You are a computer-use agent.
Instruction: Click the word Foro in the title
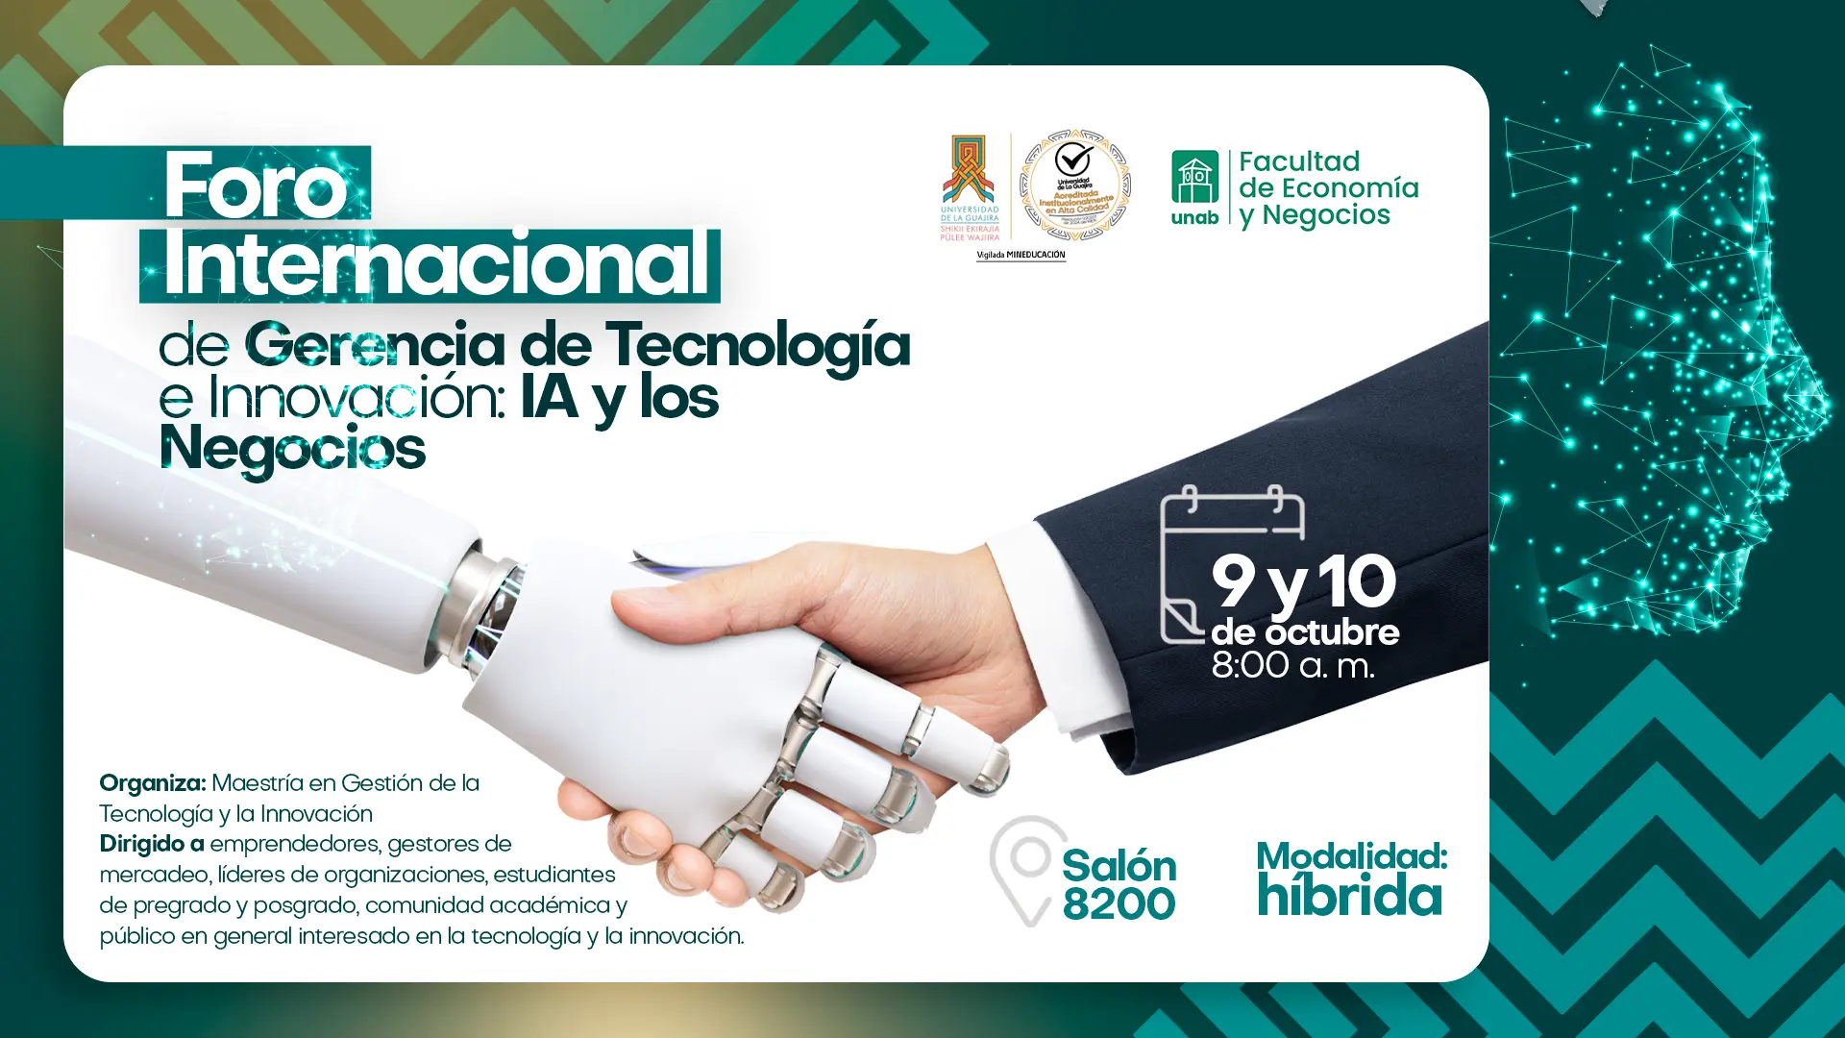tap(256, 185)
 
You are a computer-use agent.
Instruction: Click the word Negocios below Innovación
tap(292, 449)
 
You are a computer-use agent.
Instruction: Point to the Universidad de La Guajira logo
tap(969, 187)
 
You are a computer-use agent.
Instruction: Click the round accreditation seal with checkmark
tap(1074, 185)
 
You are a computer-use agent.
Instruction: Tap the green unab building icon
tap(1194, 177)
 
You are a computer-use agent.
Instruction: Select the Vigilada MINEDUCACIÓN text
tap(1021, 255)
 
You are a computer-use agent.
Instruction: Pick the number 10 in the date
tap(1356, 581)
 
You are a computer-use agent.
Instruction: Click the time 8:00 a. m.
tap(1292, 665)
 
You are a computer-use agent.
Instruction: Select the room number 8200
tap(1119, 904)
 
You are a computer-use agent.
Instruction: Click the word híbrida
tap(1350, 897)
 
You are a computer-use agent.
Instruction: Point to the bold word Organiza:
tap(152, 783)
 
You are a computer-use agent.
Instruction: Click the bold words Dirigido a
tap(151, 844)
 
